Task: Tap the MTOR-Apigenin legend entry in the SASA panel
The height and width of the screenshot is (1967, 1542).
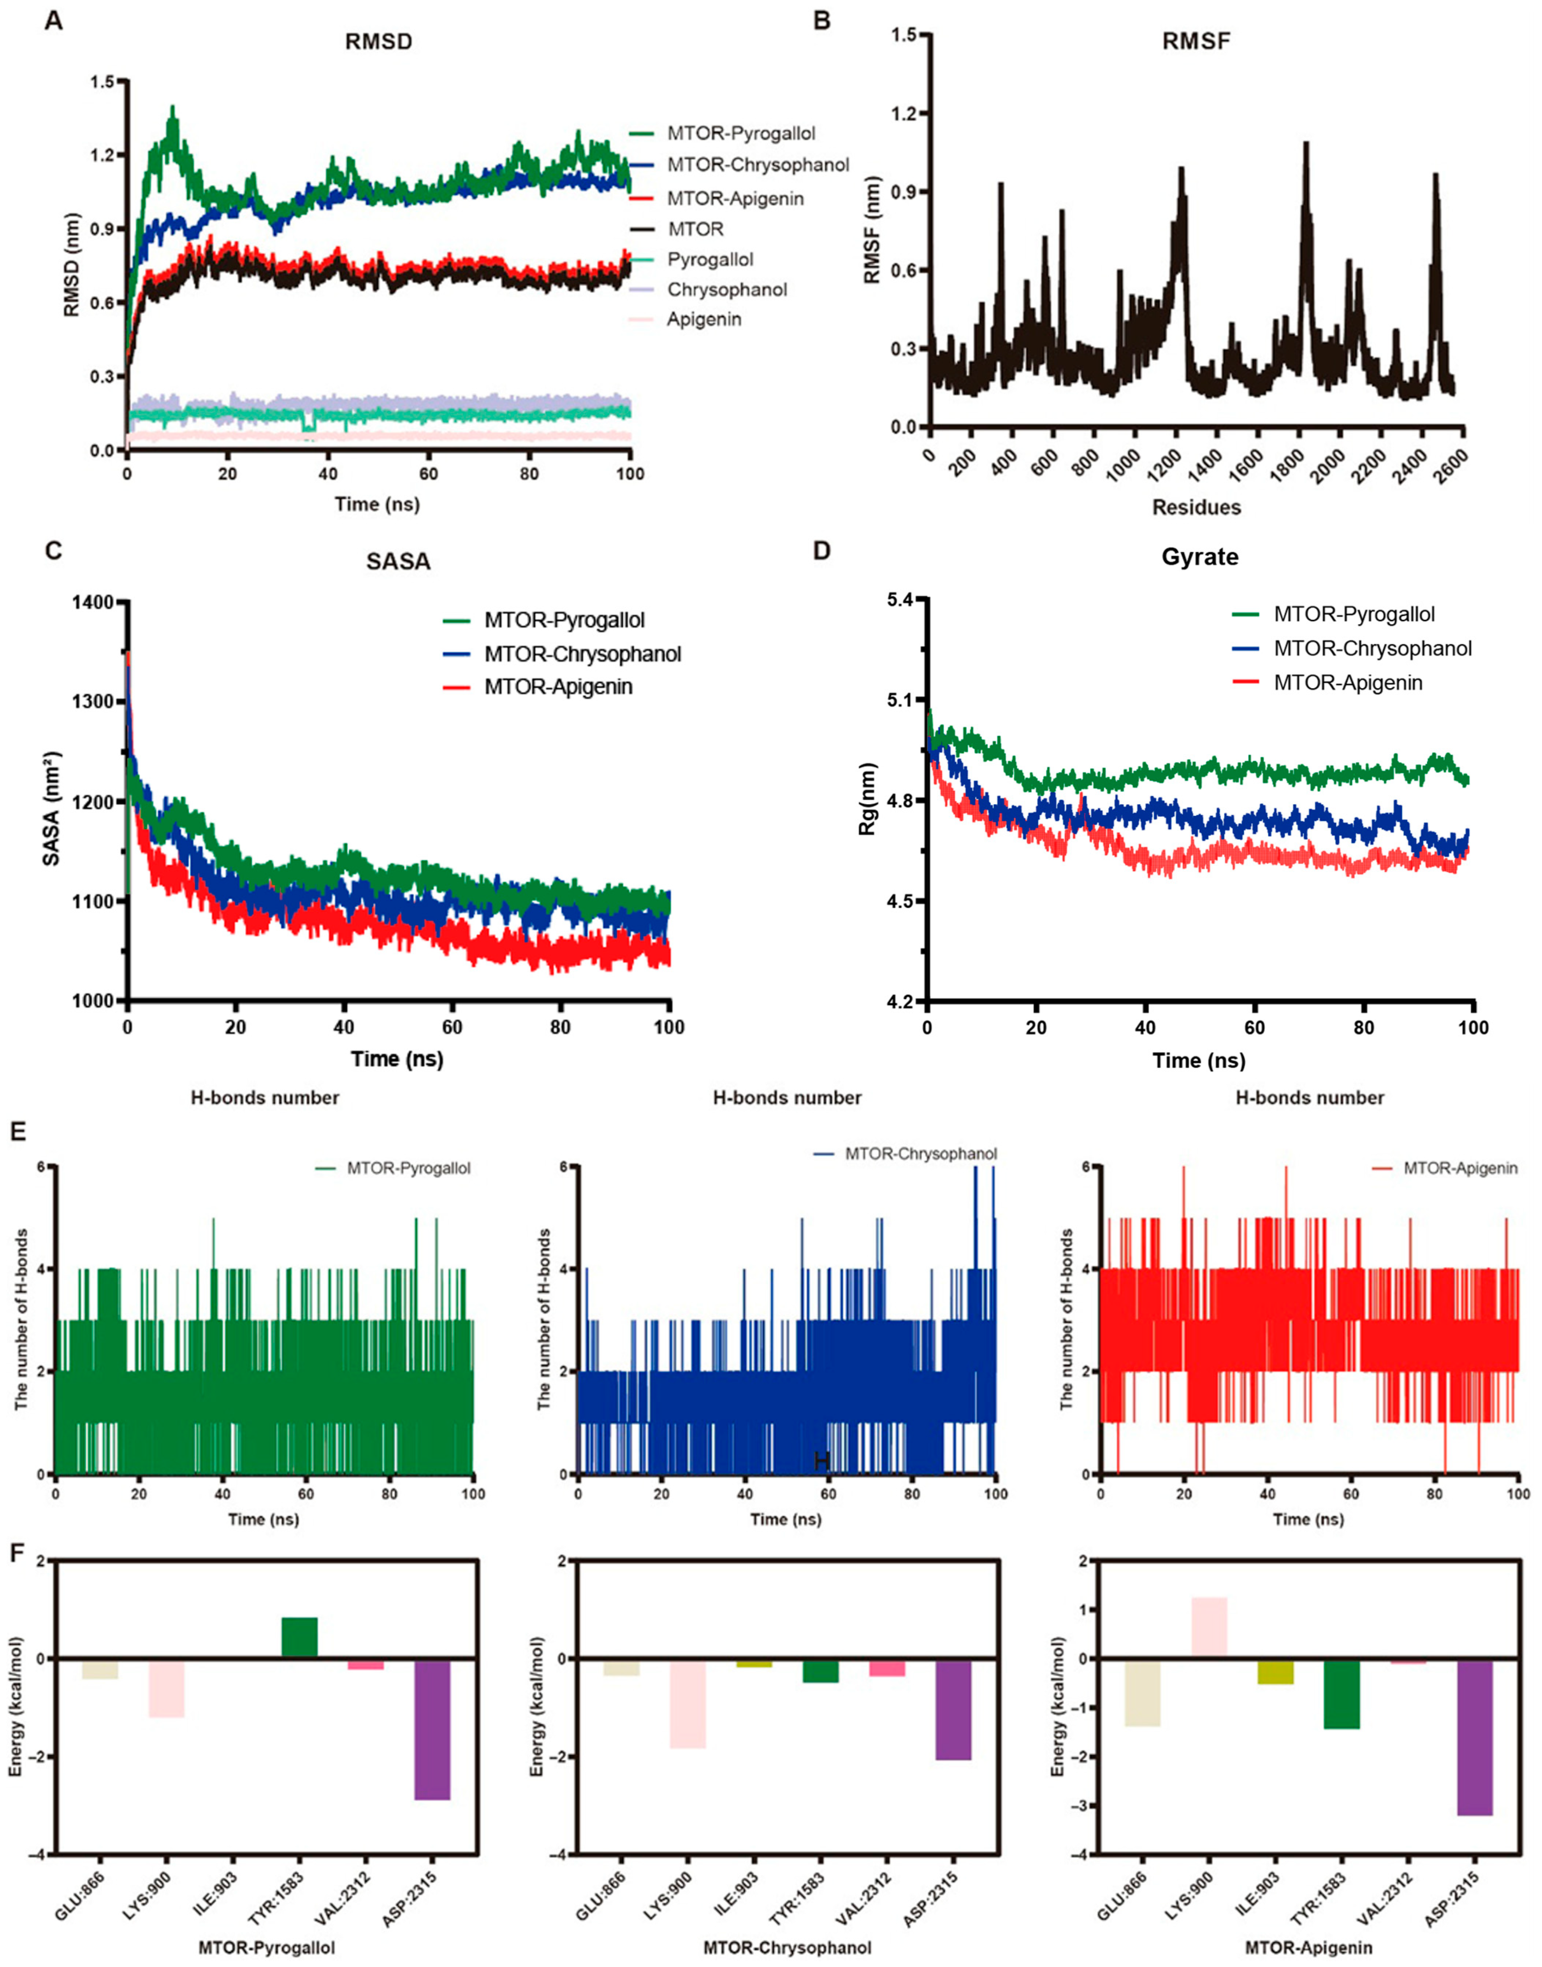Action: (x=537, y=687)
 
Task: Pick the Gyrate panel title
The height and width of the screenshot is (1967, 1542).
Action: (x=1200, y=557)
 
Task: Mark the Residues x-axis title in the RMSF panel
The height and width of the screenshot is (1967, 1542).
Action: (x=1196, y=507)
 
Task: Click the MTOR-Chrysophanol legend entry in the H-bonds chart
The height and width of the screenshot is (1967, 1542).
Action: (x=906, y=1154)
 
